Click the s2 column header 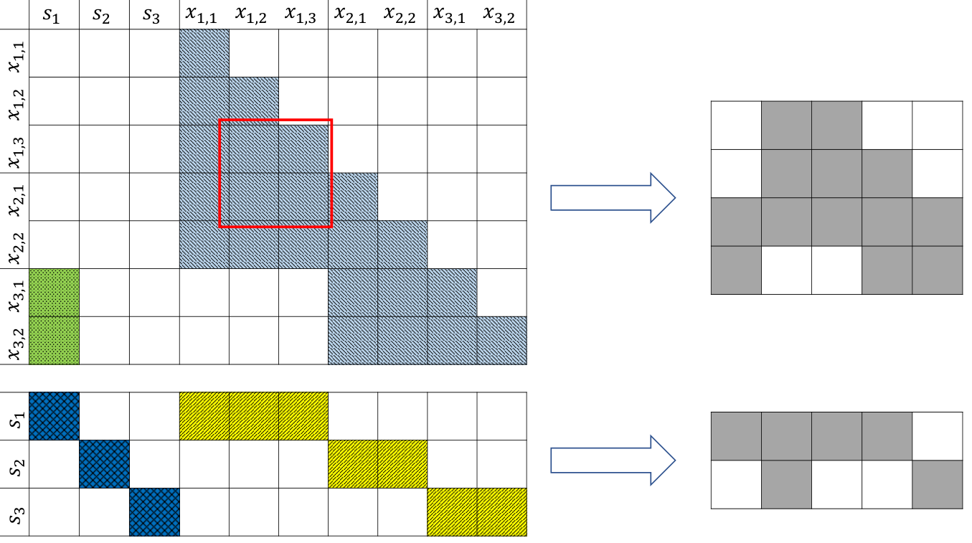(101, 16)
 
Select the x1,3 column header (301, 14)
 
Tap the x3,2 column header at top (499, 14)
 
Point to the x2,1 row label (16, 199)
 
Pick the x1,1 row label (16, 57)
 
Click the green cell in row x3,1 (55, 293)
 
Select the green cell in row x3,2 (55, 340)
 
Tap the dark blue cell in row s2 (104, 464)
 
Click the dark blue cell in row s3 (154, 512)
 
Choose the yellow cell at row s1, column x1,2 (254, 416)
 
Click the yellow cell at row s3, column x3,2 (502, 512)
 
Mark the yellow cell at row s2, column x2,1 (353, 464)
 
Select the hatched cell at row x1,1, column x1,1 (204, 53)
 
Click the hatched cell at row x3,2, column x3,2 (502, 340)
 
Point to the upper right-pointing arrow (613, 198)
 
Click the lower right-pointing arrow (613, 460)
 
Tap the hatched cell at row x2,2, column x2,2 (402, 245)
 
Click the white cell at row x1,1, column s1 (55, 53)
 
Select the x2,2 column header (400, 14)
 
